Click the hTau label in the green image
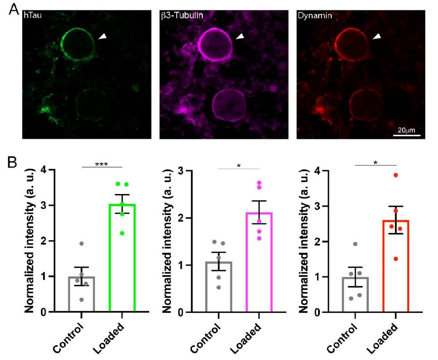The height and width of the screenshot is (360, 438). (33, 15)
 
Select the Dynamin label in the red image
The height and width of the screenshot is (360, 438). (311, 15)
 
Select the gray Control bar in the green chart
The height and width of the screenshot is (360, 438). (82, 294)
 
